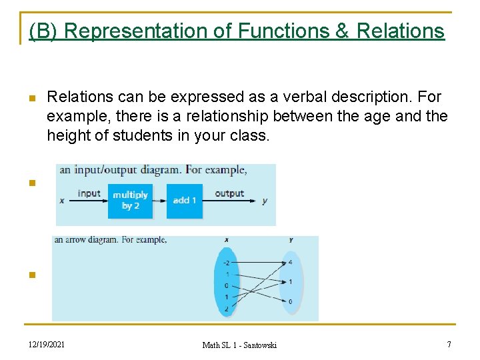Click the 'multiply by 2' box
[x=130, y=200]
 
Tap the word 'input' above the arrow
[x=89, y=193]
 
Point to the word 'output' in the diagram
[x=229, y=193]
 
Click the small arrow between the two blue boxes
[x=159, y=200]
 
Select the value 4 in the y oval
[x=289, y=262]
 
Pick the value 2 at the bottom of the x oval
[x=226, y=308]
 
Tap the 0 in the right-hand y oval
[x=289, y=302]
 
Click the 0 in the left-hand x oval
[x=226, y=285]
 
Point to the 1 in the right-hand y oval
[x=289, y=282]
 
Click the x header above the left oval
[x=226, y=241]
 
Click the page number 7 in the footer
[x=449, y=344]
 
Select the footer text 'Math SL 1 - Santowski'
[x=239, y=345]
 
